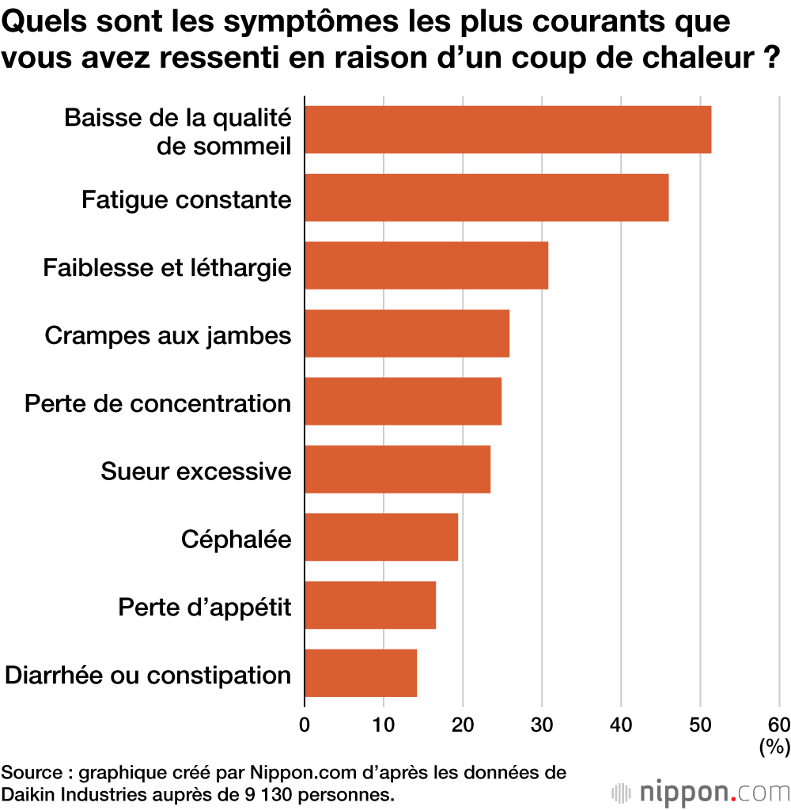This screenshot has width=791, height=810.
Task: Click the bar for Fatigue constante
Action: (x=486, y=198)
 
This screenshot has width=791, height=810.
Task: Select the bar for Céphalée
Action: (x=381, y=537)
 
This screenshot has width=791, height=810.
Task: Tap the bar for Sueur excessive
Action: (x=397, y=469)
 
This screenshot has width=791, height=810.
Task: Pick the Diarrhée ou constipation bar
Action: (x=361, y=673)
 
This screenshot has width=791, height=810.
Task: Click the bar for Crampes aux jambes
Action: (x=407, y=333)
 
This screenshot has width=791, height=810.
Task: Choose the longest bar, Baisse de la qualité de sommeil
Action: (x=508, y=130)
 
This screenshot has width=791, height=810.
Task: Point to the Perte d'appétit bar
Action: (x=370, y=605)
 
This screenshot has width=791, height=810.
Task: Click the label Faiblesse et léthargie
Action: (x=167, y=267)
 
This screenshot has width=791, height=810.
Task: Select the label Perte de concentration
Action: (x=157, y=403)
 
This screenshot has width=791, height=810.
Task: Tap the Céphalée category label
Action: (x=236, y=539)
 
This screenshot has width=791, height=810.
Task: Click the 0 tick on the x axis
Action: (x=305, y=724)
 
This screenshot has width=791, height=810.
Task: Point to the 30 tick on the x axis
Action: (x=542, y=724)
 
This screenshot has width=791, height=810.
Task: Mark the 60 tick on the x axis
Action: (x=778, y=724)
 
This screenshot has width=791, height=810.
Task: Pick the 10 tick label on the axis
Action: (x=384, y=724)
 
